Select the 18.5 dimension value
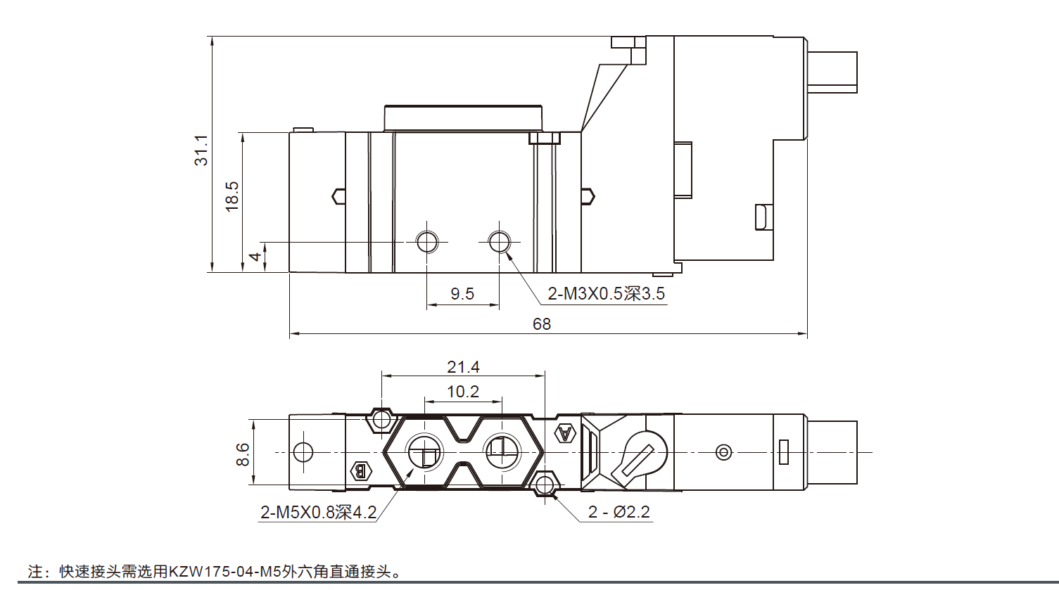point(232,196)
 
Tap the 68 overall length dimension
point(542,323)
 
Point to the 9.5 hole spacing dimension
point(462,294)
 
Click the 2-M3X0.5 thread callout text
point(606,294)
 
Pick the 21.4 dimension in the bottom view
point(463,367)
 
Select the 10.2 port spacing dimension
point(463,392)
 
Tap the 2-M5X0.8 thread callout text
point(318,513)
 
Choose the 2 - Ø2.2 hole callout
point(619,513)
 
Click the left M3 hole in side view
point(426,243)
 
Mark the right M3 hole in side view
point(500,243)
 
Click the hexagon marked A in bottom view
point(565,433)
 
